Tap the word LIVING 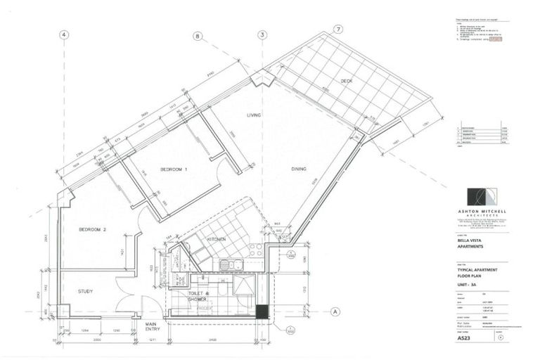(255, 115)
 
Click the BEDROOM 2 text (92, 230)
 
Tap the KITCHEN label (216, 240)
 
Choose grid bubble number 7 (338, 29)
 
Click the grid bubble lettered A (335, 311)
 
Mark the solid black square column (262, 311)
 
